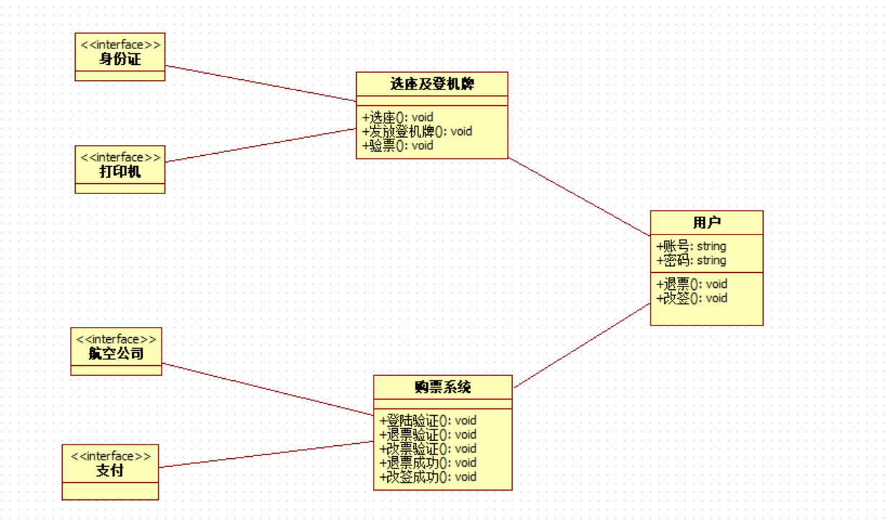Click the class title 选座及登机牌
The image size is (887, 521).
pyautogui.click(x=432, y=84)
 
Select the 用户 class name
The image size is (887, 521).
pyautogui.click(x=706, y=222)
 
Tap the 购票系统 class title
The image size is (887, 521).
pyautogui.click(x=443, y=387)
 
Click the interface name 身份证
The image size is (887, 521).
pyautogui.click(x=120, y=59)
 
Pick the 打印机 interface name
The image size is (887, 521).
pyautogui.click(x=120, y=172)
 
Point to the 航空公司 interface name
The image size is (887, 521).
pyautogui.click(x=116, y=354)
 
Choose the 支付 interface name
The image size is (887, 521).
pyautogui.click(x=110, y=470)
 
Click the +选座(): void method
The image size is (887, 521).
pyautogui.click(x=397, y=117)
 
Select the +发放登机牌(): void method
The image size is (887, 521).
pyautogui.click(x=417, y=131)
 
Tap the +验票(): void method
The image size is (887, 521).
pyautogui.click(x=397, y=145)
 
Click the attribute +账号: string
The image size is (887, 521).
pyautogui.click(x=691, y=246)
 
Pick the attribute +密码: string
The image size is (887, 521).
pyautogui.click(x=691, y=260)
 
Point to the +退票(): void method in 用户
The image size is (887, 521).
pyautogui.click(x=692, y=284)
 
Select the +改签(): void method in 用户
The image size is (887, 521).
pyautogui.click(x=692, y=298)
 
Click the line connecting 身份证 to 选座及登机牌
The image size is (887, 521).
pyautogui.click(x=260, y=83)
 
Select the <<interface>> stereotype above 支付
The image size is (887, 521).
pyautogui.click(x=110, y=456)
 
